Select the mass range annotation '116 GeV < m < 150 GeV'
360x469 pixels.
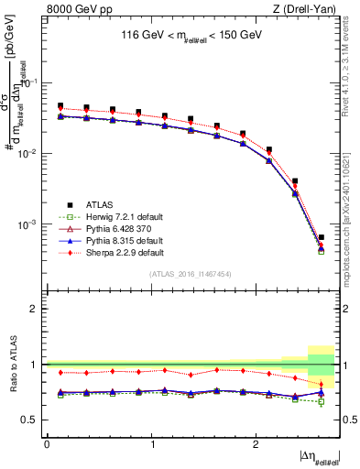(x=191, y=36)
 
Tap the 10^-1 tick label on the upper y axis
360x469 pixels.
(x=31, y=82)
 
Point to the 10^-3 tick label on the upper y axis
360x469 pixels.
(x=31, y=224)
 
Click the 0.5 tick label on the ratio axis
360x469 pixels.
(x=32, y=420)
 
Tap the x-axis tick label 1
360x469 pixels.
(x=149, y=443)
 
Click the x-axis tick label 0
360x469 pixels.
(x=46, y=443)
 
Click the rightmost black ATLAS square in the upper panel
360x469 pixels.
(x=321, y=237)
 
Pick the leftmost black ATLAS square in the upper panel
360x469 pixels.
(x=60, y=106)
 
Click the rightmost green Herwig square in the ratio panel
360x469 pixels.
(x=321, y=401)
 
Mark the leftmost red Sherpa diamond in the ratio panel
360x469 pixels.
(x=60, y=372)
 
